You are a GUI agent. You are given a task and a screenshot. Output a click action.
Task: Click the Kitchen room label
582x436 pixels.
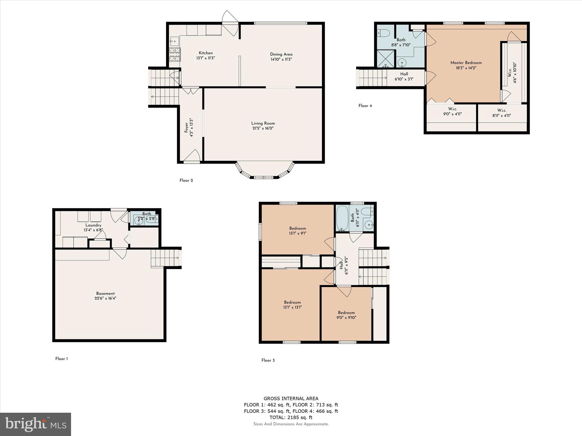tap(205, 53)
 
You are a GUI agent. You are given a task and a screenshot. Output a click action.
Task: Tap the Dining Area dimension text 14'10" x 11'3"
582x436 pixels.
tap(281, 59)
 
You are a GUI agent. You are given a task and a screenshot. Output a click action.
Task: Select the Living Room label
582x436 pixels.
tap(263, 123)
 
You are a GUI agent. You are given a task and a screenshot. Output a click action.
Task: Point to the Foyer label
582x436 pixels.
tap(186, 127)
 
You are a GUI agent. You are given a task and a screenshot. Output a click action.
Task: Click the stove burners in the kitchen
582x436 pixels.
tap(175, 55)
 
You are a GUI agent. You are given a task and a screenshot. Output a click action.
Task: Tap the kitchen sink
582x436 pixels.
tap(174, 41)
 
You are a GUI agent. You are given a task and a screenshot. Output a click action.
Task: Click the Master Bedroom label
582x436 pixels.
tap(466, 63)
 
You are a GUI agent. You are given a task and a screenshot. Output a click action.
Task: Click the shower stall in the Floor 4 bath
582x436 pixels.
tap(386, 59)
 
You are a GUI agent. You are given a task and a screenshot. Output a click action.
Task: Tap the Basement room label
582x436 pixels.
tap(105, 294)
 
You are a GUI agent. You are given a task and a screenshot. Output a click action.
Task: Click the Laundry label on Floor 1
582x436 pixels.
tap(93, 225)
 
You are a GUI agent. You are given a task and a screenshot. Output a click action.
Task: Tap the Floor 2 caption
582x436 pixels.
tap(186, 181)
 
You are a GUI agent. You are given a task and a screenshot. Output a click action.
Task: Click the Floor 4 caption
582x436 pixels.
tap(365, 106)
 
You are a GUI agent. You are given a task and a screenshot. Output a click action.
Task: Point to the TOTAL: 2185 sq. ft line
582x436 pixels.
tap(291, 417)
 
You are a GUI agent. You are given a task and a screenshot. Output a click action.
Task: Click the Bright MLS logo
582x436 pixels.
tap(36, 424)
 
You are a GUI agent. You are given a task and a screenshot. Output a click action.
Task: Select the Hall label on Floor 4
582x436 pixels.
tap(404, 74)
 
